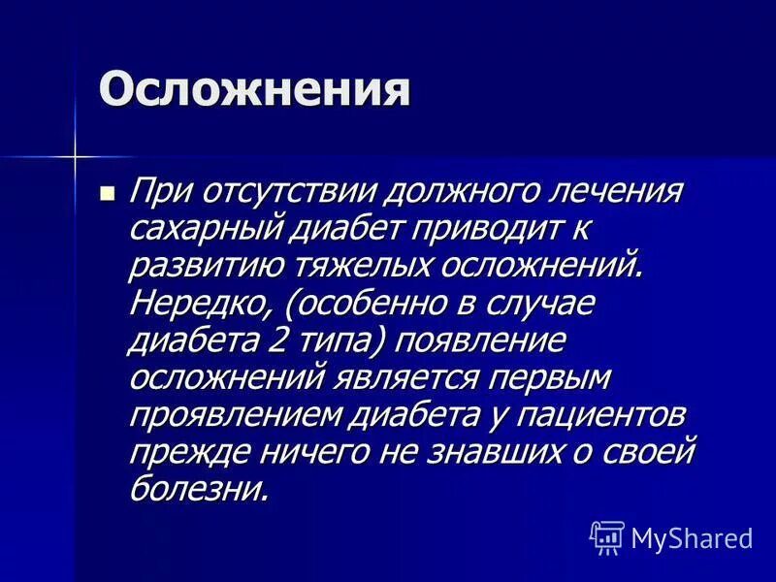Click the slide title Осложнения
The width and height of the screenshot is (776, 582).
point(254,92)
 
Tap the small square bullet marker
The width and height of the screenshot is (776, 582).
point(108,192)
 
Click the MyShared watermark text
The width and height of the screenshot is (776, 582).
point(693,537)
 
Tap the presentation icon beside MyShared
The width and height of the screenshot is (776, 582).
point(607,536)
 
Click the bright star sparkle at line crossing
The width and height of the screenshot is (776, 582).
point(74,154)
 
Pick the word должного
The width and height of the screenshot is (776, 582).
point(396,191)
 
